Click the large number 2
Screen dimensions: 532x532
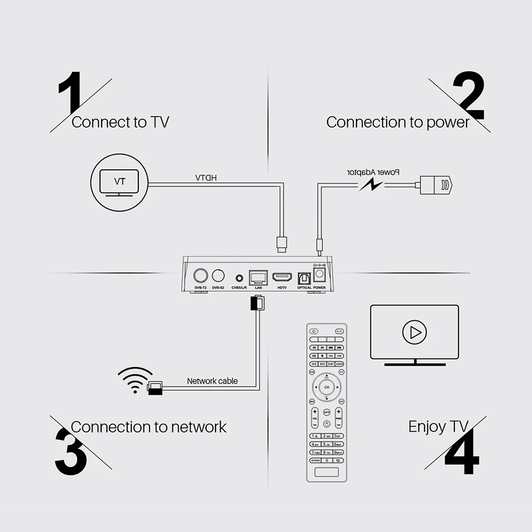point(468,96)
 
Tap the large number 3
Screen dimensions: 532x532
point(70,452)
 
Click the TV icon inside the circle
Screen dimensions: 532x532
point(120,182)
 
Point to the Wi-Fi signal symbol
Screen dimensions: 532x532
point(135,379)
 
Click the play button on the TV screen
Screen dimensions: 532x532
point(414,332)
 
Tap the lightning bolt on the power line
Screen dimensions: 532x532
point(371,185)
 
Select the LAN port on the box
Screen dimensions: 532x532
point(259,277)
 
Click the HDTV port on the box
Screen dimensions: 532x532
point(282,277)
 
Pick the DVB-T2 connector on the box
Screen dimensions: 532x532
point(201,276)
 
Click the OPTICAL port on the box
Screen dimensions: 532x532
point(305,278)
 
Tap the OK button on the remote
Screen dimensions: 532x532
point(327,387)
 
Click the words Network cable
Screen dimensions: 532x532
point(212,381)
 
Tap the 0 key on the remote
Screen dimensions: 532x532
point(327,460)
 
